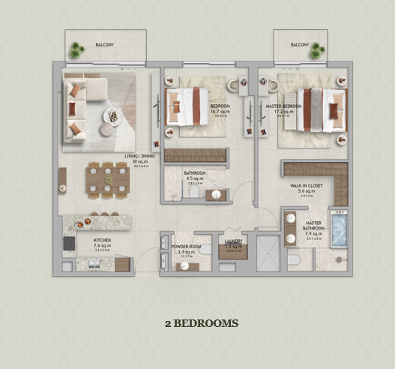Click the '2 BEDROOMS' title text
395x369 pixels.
202,323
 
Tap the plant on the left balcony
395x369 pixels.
76,50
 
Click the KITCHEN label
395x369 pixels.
103,240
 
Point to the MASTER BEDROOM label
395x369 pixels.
283,106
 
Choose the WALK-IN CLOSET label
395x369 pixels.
307,184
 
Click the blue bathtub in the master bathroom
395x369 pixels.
339,229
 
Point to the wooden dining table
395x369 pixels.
108,179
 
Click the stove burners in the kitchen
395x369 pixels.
69,244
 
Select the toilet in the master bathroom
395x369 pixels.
295,259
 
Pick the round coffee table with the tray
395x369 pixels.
112,116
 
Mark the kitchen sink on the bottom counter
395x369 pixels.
96,264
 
